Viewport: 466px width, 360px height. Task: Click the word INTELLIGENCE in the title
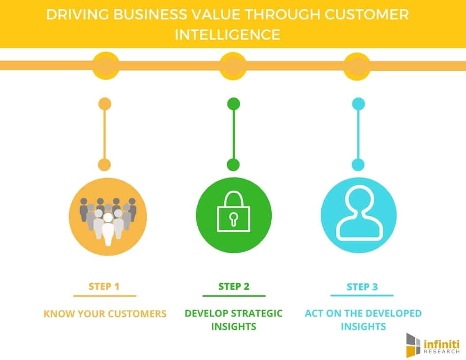click(227, 34)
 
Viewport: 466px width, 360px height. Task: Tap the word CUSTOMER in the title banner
click(367, 14)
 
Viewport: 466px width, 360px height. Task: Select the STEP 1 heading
click(104, 287)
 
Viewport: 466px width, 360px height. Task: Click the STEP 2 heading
click(234, 286)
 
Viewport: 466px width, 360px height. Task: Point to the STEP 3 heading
click(362, 287)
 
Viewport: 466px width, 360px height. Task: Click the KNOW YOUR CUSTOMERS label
click(105, 314)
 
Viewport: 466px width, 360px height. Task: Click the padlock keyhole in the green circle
click(233, 219)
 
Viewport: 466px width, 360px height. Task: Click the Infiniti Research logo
click(433, 345)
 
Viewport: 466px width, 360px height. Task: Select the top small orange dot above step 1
click(105, 104)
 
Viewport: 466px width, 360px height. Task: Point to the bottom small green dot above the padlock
click(233, 165)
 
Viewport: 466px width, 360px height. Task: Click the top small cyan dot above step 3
click(358, 104)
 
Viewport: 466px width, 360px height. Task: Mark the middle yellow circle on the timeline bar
click(233, 66)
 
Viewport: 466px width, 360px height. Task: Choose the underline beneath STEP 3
click(362, 296)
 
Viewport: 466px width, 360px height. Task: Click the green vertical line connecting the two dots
click(233, 134)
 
